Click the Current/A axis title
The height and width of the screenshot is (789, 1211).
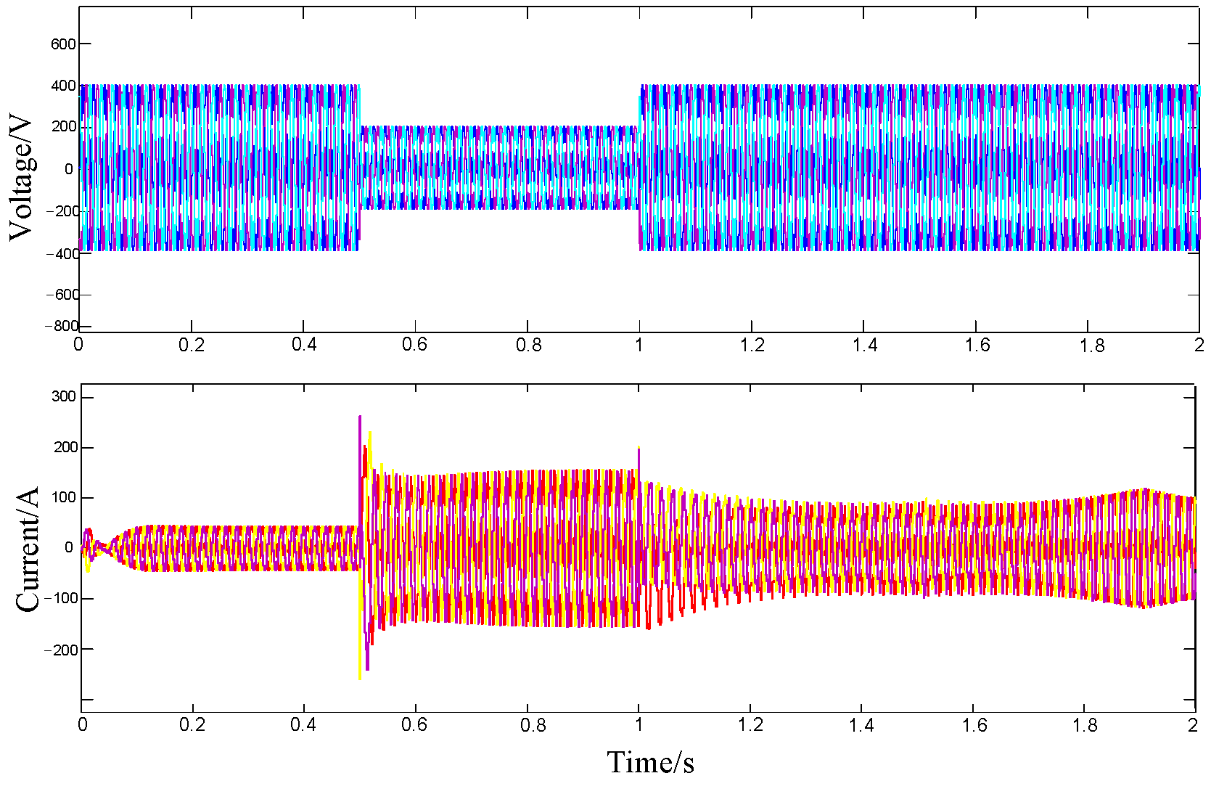tap(28, 549)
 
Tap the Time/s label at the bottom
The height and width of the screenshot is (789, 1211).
tap(650, 762)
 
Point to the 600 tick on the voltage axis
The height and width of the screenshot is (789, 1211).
tap(63, 44)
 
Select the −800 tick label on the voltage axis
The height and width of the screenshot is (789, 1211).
tap(61, 326)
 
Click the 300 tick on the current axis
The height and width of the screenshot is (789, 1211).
tap(64, 396)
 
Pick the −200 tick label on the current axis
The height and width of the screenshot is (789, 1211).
tap(60, 650)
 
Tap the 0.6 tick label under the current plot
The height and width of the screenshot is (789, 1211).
tap(414, 724)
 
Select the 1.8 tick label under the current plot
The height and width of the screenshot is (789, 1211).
tap(1086, 724)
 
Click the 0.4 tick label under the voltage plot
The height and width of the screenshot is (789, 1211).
tap(304, 345)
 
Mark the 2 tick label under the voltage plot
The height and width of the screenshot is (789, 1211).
tap(1199, 345)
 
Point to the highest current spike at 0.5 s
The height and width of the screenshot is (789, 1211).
tap(360, 417)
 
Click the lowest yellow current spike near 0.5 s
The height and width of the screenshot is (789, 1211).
tap(360, 678)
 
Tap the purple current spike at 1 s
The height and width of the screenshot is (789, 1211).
tap(639, 450)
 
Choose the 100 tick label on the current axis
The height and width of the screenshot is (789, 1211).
tap(64, 498)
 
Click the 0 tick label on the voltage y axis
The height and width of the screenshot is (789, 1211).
tap(69, 169)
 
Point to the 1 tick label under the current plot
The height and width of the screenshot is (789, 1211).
tap(639, 724)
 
